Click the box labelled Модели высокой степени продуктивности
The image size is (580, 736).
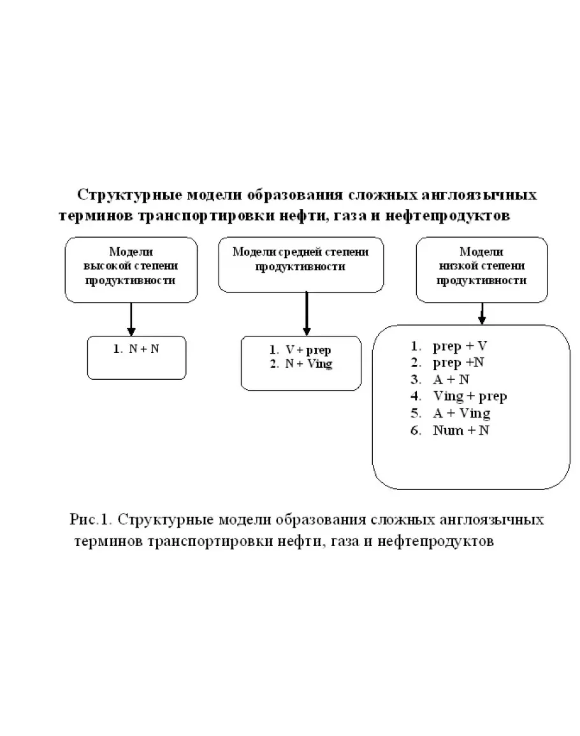131,269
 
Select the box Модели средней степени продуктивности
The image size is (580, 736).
300,265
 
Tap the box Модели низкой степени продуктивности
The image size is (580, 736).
481,269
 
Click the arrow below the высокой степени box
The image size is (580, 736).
131,319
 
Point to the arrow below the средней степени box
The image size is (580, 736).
307,314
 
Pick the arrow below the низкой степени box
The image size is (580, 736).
482,312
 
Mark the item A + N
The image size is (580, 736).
451,380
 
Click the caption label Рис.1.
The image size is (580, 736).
91,519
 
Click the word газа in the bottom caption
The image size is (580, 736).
347,542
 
